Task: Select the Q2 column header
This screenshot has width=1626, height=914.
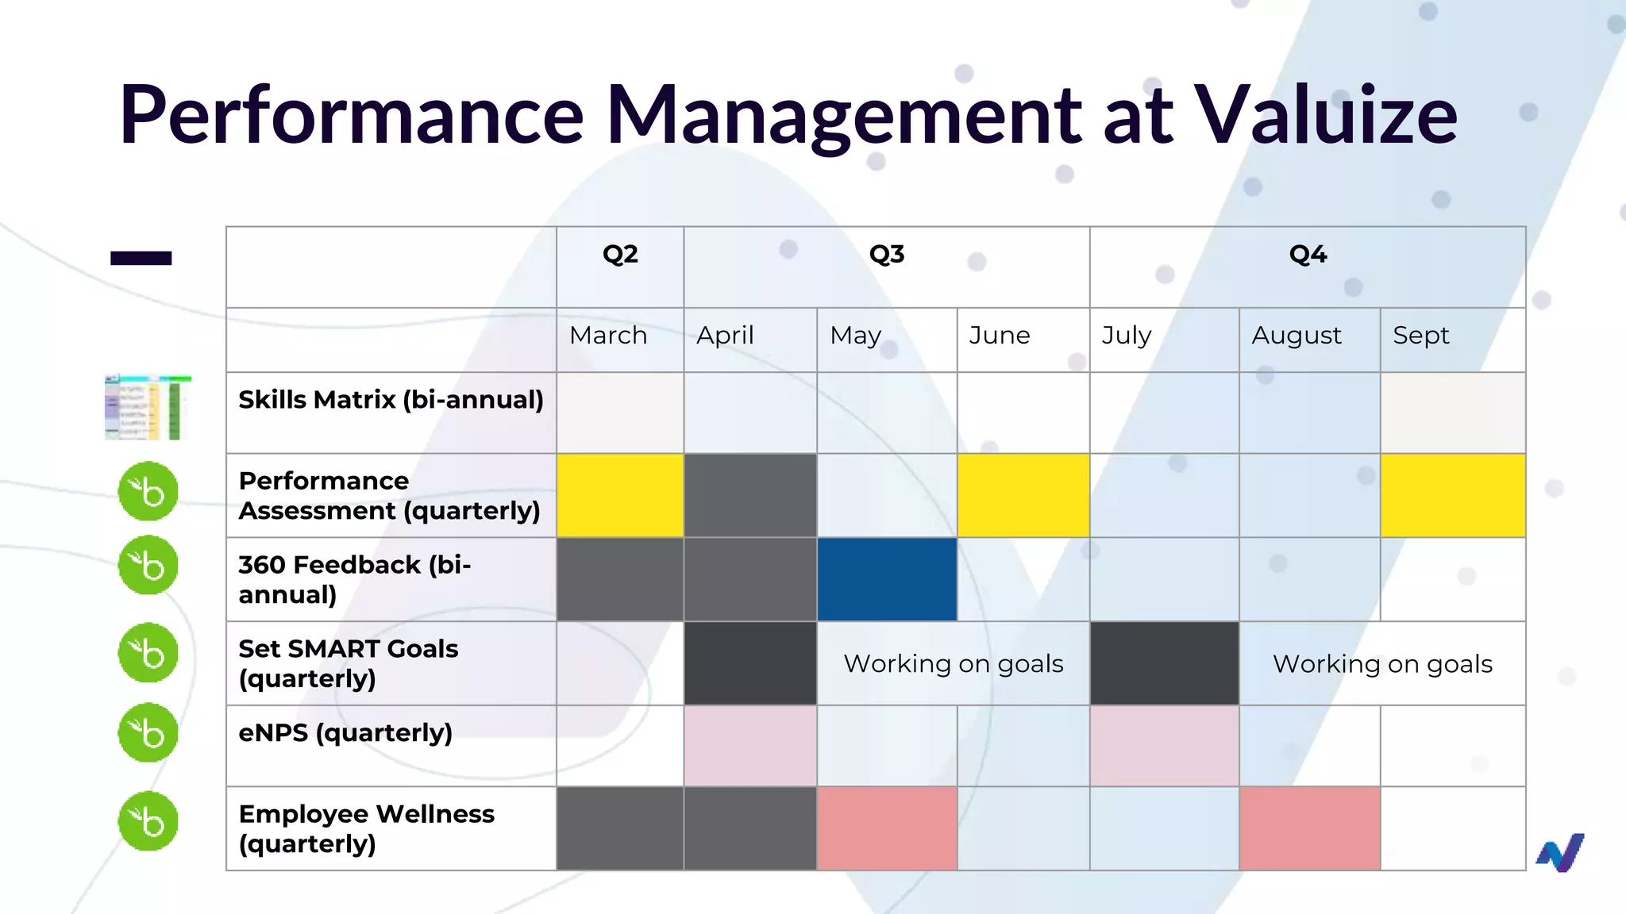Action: [x=620, y=255]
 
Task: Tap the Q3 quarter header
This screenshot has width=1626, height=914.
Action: [x=886, y=255]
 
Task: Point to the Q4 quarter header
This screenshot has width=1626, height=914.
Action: [x=1308, y=255]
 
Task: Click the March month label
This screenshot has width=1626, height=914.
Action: [x=608, y=336]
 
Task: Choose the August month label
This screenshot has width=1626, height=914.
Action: [x=1297, y=336]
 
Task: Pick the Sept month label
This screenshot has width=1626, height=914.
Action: [x=1420, y=336]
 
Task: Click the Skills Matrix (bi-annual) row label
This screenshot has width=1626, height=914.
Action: [x=391, y=400]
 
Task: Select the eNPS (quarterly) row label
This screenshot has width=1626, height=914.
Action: [x=345, y=732]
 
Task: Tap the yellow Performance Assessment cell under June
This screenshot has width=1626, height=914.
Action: [x=1023, y=495]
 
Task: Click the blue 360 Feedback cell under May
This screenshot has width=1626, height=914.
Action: [x=887, y=579]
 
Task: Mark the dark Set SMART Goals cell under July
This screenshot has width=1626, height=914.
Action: [x=1164, y=663]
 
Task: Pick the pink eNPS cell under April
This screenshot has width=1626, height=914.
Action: [x=750, y=746]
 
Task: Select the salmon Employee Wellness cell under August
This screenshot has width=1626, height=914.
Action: [x=1309, y=828]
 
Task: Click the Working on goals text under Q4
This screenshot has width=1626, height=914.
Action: [x=1382, y=664]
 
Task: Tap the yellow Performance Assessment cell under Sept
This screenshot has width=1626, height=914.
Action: [x=1452, y=495]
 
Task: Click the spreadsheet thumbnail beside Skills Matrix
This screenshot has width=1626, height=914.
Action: [x=148, y=407]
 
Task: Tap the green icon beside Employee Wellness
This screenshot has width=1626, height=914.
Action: [x=148, y=821]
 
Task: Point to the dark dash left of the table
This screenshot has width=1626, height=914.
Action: [x=141, y=258]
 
